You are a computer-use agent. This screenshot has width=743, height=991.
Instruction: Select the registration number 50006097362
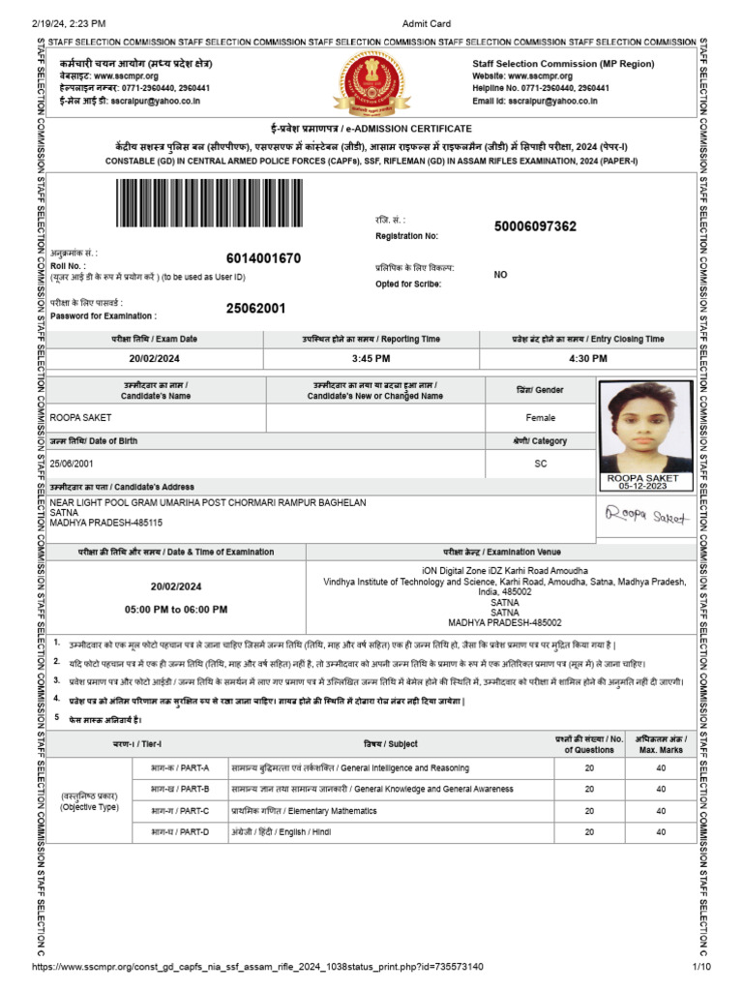[535, 226]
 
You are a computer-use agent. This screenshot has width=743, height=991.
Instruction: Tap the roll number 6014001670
[264, 258]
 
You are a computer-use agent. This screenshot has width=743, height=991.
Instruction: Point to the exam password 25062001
[256, 309]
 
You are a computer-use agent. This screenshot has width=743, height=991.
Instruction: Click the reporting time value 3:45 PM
[371, 358]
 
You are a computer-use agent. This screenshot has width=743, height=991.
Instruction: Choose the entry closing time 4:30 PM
[587, 358]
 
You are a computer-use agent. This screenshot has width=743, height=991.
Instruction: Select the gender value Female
[541, 418]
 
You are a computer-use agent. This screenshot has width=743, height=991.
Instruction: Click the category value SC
[541, 464]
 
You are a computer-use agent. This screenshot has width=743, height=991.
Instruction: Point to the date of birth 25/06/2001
[74, 464]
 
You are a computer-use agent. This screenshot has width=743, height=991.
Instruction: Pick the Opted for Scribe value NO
[500, 275]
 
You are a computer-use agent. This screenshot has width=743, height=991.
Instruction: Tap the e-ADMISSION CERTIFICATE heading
[371, 129]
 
